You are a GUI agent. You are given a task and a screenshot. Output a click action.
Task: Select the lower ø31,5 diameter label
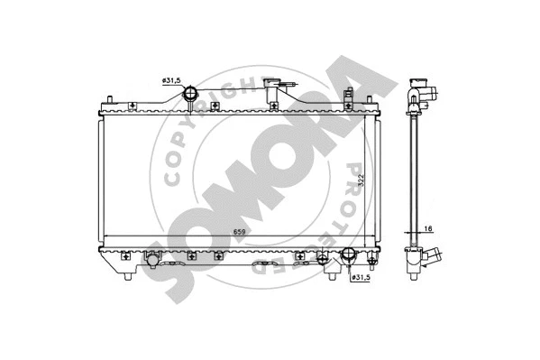coord(362,277)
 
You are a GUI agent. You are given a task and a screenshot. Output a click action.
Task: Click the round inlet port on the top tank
coord(192,94)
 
